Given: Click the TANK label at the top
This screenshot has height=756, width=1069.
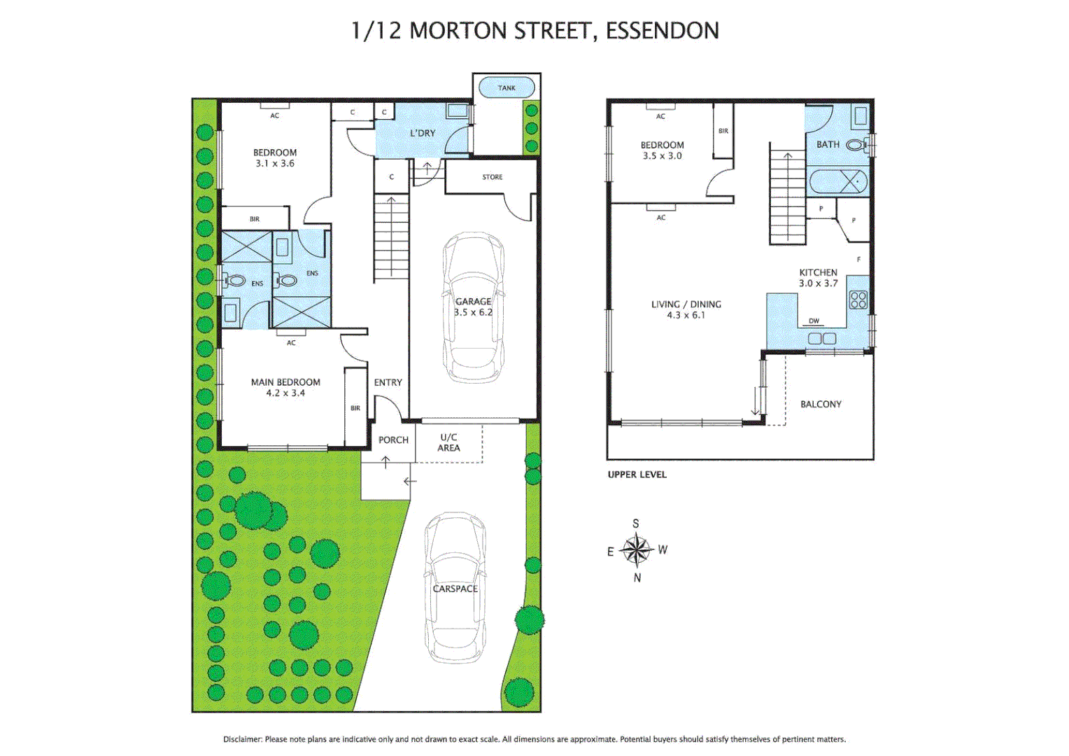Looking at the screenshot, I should click(507, 88).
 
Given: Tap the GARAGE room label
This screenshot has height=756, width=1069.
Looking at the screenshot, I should click(473, 302).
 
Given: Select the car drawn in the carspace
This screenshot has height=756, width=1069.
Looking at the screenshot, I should click(455, 588).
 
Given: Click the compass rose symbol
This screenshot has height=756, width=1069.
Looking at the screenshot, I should click(636, 549).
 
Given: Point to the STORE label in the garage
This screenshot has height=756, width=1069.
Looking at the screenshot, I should click(492, 177).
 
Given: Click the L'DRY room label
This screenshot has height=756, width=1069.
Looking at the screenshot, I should click(423, 133).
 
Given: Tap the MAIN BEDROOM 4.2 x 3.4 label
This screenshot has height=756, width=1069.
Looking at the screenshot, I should click(285, 387).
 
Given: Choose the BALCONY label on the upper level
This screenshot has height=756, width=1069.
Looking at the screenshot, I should click(821, 404).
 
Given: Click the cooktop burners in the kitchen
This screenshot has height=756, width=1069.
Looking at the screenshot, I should click(858, 300).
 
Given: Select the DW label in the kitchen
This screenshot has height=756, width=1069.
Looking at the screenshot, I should click(814, 321).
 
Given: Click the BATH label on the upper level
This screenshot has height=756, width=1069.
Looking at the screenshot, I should click(828, 144).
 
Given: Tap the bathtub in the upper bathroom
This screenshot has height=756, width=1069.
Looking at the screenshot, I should click(838, 182).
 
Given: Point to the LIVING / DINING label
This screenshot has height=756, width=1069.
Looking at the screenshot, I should click(686, 309).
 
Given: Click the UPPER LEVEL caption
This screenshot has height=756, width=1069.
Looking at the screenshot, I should click(637, 475).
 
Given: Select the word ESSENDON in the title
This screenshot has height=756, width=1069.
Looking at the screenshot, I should click(662, 31).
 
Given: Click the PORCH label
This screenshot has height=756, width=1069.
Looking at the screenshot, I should click(393, 440).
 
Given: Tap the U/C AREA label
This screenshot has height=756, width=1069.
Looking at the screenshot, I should click(448, 442).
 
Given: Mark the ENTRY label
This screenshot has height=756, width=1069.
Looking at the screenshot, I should click(388, 382).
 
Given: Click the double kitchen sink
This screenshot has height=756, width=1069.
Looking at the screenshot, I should click(821, 339).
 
